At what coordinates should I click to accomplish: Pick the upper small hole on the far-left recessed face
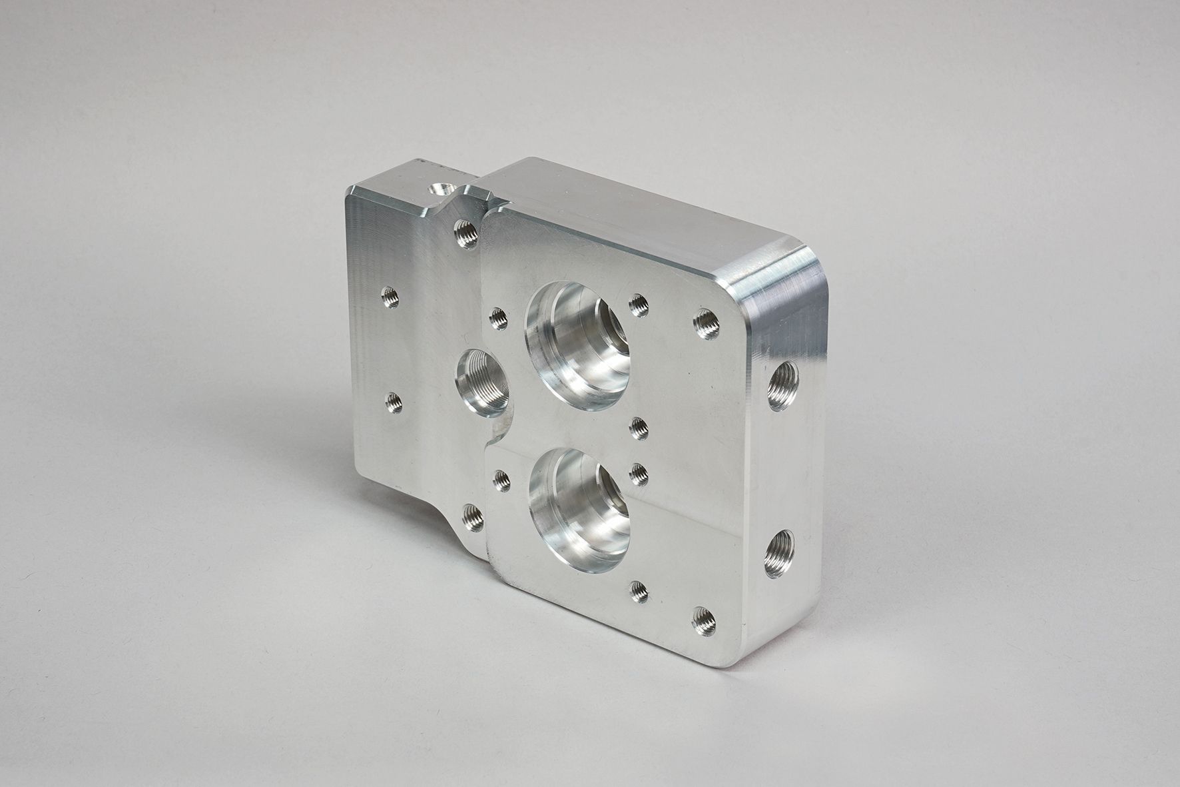pos(390,297)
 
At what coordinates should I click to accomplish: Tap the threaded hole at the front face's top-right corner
pos(707,324)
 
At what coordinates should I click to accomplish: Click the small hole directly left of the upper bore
pos(498,318)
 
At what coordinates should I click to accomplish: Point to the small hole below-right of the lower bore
pos(638,590)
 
